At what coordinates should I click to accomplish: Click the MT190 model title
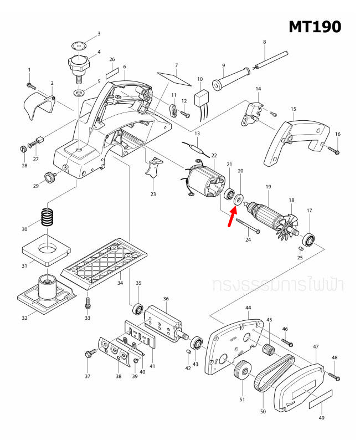pyautogui.click(x=315, y=26)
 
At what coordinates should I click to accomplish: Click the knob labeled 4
pyautogui.click(x=79, y=64)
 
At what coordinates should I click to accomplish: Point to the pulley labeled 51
pyautogui.click(x=240, y=371)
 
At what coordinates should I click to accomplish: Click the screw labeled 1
pyautogui.click(x=31, y=85)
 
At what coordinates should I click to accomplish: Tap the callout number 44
pyautogui.click(x=248, y=307)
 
